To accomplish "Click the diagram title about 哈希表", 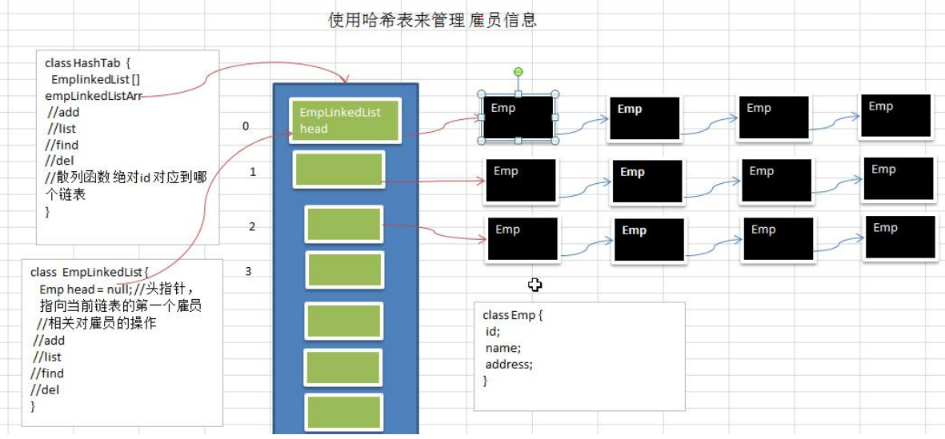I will click(432, 20).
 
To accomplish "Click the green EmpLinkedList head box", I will click(344, 121).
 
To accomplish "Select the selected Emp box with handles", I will click(519, 118).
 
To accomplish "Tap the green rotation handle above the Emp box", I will click(519, 73).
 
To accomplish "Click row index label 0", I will click(246, 126).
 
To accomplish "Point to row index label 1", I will click(253, 171).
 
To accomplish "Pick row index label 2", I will click(252, 227).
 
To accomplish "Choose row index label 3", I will click(248, 271).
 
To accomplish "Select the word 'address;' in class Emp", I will click(509, 364).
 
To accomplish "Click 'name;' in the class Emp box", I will click(503, 348).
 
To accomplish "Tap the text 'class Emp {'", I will click(513, 315).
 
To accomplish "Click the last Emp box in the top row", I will click(895, 116).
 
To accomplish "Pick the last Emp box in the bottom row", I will click(899, 237).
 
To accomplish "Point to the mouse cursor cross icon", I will click(535, 285).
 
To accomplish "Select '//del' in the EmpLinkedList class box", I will click(46, 389).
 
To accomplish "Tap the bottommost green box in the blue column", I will click(343, 413).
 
